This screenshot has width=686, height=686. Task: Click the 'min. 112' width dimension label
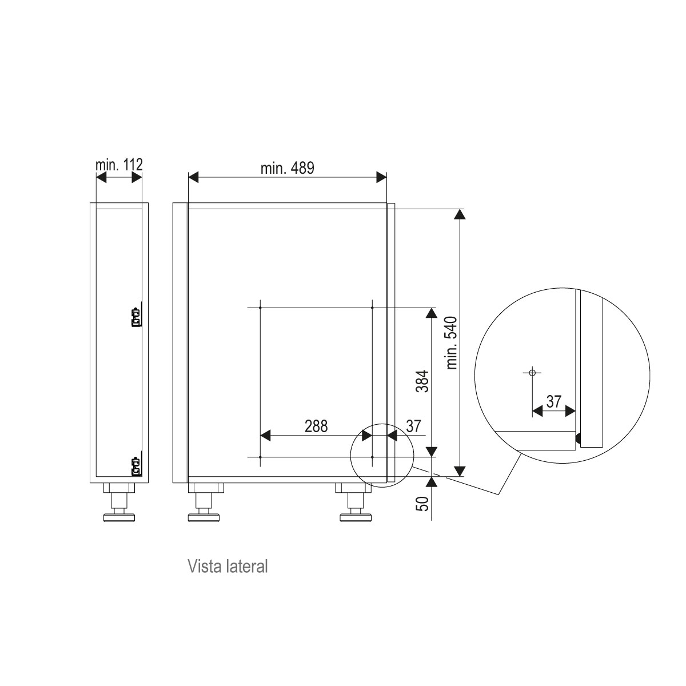click(x=118, y=164)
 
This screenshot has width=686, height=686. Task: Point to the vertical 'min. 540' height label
click(x=452, y=342)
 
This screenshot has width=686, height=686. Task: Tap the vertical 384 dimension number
click(x=422, y=379)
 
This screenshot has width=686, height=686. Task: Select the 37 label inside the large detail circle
click(x=553, y=401)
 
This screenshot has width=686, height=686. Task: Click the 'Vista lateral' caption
click(x=228, y=567)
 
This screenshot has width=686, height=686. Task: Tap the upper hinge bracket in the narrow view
click(x=136, y=317)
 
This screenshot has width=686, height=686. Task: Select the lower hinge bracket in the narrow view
click(x=136, y=466)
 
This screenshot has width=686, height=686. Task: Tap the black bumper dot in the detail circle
click(x=578, y=439)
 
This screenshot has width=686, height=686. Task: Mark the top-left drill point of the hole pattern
click(x=260, y=308)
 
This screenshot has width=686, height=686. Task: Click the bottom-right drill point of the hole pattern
click(x=372, y=457)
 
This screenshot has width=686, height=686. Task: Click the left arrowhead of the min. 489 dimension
click(x=193, y=178)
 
